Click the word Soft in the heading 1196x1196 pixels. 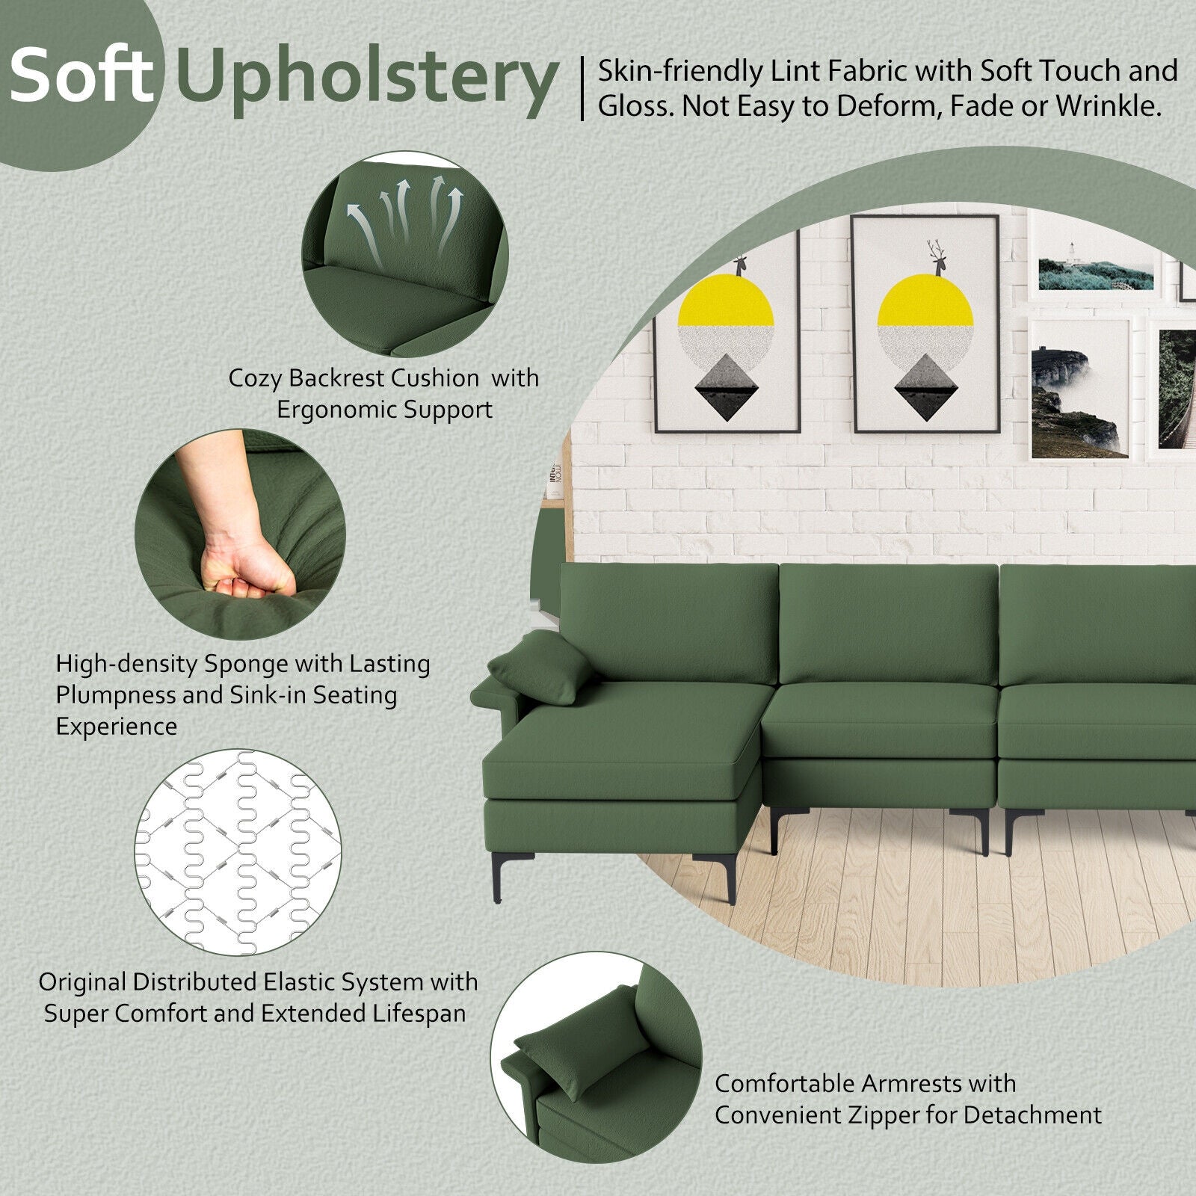81,74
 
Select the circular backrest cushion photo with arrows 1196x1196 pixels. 405,256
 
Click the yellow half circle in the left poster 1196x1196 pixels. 724,300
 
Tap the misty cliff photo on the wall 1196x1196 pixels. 1079,389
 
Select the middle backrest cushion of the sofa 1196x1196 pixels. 888,624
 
